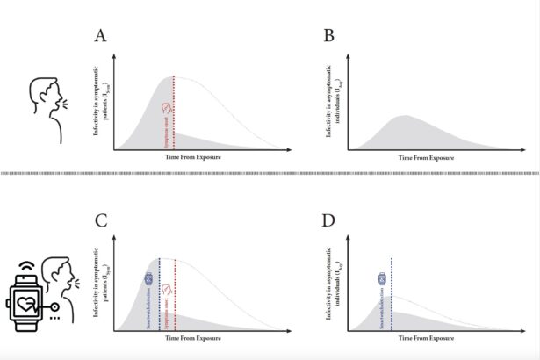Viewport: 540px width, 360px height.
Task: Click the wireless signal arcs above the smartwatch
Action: [x=21, y=263]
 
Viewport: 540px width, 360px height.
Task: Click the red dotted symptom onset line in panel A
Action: [x=174, y=114]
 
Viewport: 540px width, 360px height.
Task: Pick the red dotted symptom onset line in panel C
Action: [x=175, y=294]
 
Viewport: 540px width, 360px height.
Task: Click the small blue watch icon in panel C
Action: [x=148, y=278]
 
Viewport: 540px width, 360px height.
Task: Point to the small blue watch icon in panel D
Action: [x=382, y=278]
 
